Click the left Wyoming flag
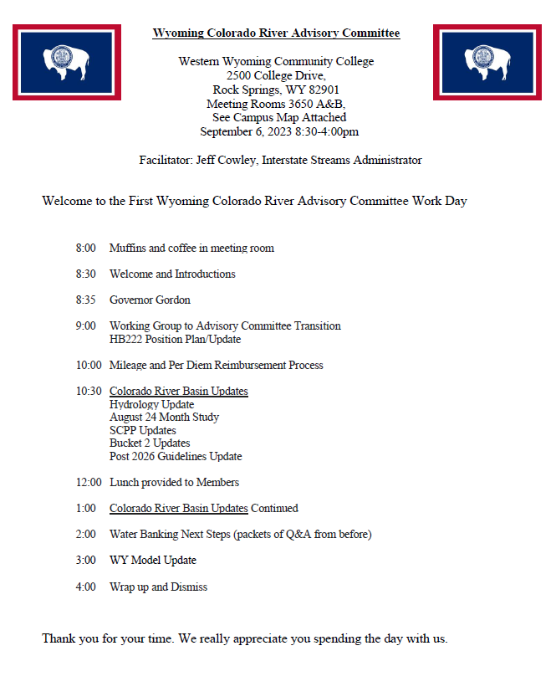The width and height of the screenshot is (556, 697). click(67, 62)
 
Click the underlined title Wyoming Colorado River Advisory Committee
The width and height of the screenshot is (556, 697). click(276, 33)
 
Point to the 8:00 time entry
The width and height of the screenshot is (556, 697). click(85, 249)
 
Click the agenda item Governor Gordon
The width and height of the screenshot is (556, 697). click(150, 300)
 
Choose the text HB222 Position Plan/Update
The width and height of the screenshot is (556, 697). click(175, 340)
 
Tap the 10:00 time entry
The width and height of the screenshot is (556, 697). click(89, 366)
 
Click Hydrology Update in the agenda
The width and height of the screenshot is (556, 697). click(151, 405)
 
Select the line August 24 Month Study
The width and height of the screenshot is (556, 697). click(164, 418)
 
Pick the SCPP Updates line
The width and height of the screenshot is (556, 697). click(143, 431)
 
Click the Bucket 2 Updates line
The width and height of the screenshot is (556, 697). click(150, 443)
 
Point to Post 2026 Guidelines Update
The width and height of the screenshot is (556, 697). click(176, 457)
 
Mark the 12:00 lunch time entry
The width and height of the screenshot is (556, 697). click(89, 483)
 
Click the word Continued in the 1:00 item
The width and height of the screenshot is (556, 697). click(274, 509)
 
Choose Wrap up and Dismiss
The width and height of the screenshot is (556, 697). click(158, 587)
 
